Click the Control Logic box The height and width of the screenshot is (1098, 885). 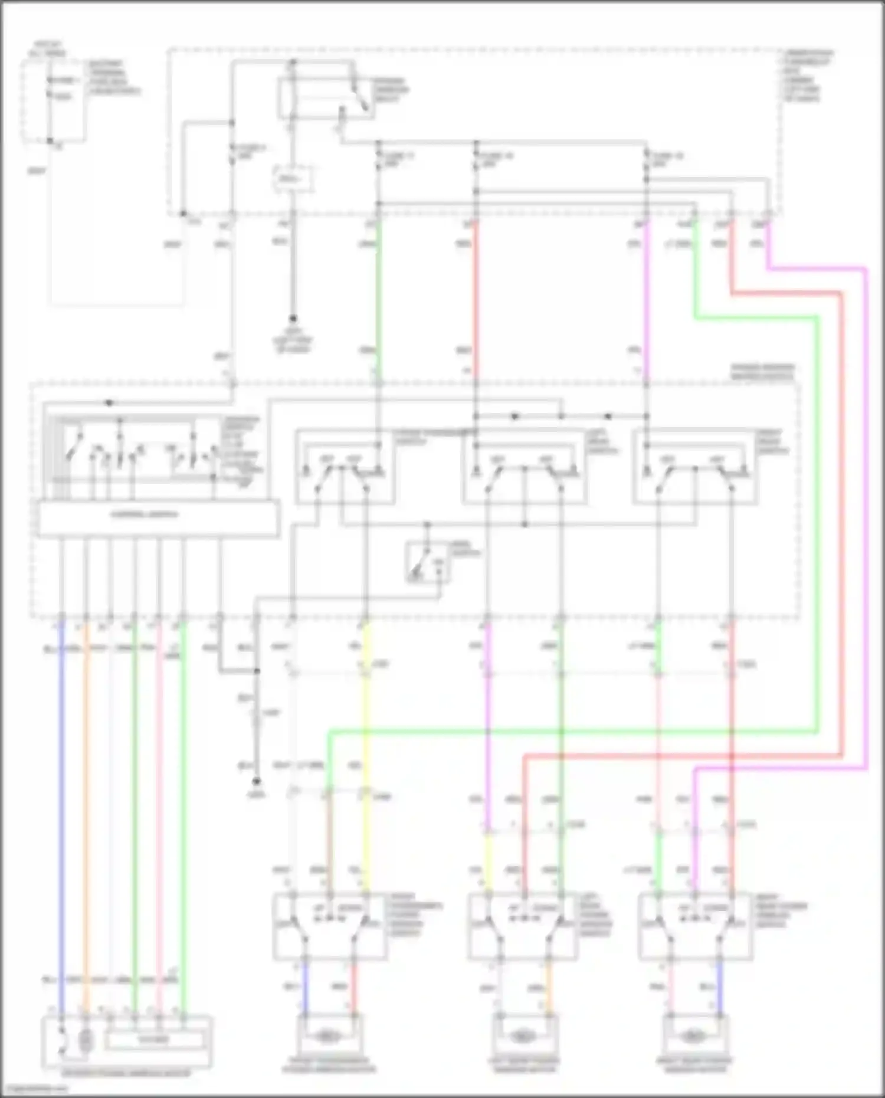coord(158,518)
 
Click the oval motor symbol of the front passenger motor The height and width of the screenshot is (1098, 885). coord(329,1035)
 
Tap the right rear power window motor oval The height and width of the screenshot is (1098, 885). coord(694,1035)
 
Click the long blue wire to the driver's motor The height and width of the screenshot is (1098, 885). coord(61,826)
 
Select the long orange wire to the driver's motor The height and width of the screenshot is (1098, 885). coord(86,826)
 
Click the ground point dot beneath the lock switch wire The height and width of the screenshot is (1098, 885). coord(256,782)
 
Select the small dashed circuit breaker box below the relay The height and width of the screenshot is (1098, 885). coord(293,178)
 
